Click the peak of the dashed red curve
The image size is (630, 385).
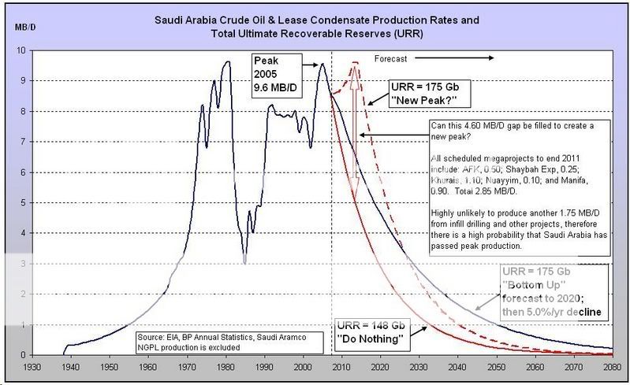coord(355,63)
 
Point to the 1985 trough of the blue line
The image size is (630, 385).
coord(245,262)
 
